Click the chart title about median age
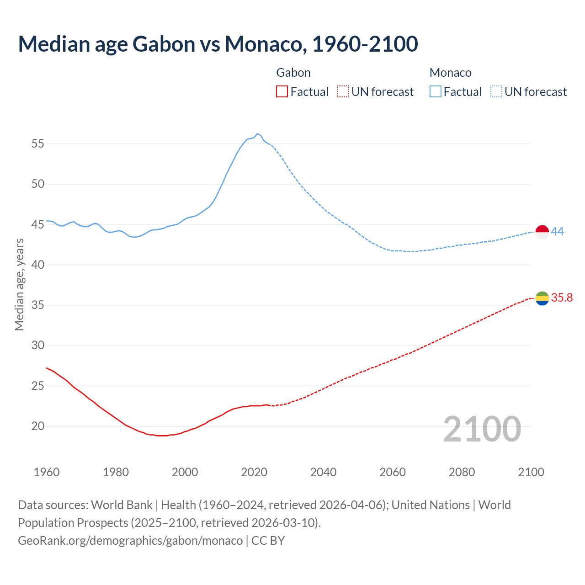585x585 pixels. pyautogui.click(x=218, y=44)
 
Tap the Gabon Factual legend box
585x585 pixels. pyautogui.click(x=282, y=92)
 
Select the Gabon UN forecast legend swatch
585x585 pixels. pyautogui.click(x=343, y=92)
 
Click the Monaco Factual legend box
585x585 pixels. pyautogui.click(x=436, y=92)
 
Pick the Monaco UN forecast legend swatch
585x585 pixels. pyautogui.click(x=496, y=92)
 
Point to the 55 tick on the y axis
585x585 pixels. pyautogui.click(x=37, y=144)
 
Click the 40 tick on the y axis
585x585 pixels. pyautogui.click(x=37, y=265)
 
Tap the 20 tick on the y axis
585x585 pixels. pyautogui.click(x=37, y=426)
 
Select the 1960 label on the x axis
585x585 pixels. pyautogui.click(x=47, y=472)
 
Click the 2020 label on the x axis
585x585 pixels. pyautogui.click(x=254, y=472)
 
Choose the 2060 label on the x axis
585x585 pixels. pyautogui.click(x=393, y=472)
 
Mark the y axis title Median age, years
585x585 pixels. pyautogui.click(x=19, y=284)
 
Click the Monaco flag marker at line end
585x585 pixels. pyautogui.click(x=542, y=232)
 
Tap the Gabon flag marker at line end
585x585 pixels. pyautogui.click(x=542, y=298)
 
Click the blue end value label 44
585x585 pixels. pyautogui.click(x=557, y=231)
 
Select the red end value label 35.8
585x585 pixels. pyautogui.click(x=562, y=298)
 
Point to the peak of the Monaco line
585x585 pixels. pyautogui.click(x=257, y=134)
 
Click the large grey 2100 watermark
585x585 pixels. pyautogui.click(x=482, y=429)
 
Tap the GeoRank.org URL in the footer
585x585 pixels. pyautogui.click(x=130, y=540)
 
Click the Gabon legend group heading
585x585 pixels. pyautogui.click(x=293, y=73)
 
